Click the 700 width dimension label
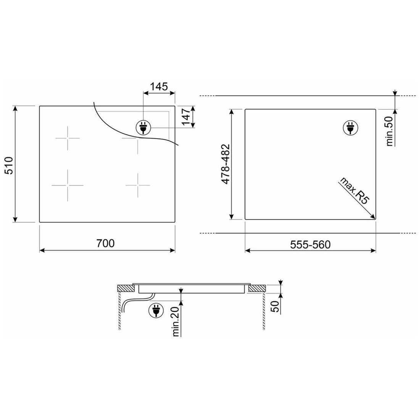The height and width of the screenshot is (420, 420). pos(105,243)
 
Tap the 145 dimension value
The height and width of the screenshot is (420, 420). pos(158,86)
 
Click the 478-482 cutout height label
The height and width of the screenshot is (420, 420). pos(225,164)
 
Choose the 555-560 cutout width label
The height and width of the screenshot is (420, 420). pos(310,244)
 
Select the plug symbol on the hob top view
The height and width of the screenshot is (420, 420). pos(143,128)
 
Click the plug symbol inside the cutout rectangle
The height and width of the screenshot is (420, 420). pos(349,128)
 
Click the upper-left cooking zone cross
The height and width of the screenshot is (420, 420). pos(68,138)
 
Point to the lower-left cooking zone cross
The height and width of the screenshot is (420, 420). pos(68,186)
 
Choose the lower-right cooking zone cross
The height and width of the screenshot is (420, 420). pos(138,185)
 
